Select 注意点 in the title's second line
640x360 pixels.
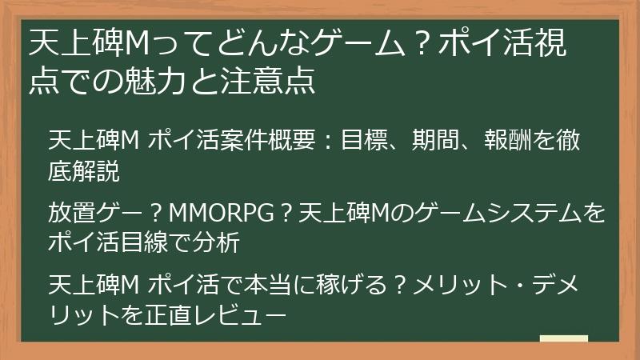(x=274, y=81)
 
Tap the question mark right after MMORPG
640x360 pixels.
(x=282, y=214)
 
